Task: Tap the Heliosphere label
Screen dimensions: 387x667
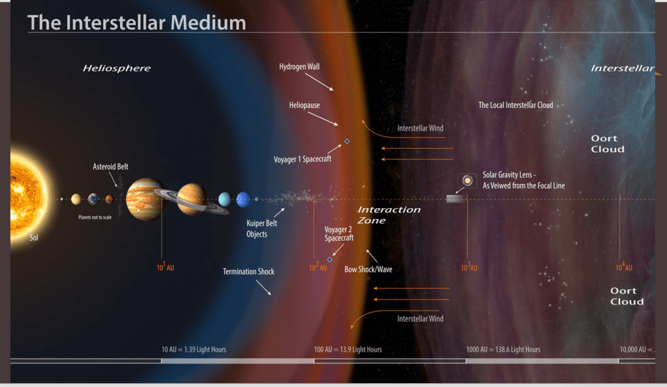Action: (x=116, y=68)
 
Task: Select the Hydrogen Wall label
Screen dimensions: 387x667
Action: (x=299, y=67)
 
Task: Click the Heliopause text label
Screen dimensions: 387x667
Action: (x=304, y=105)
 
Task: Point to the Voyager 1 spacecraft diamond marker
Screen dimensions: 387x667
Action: (x=347, y=141)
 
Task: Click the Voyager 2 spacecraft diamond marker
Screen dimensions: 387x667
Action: (x=330, y=259)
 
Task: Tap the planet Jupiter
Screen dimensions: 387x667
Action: (x=144, y=199)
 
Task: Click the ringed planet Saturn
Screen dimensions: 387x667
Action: (x=192, y=199)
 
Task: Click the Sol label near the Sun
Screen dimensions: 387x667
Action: (x=34, y=238)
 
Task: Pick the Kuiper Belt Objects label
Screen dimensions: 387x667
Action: (x=261, y=228)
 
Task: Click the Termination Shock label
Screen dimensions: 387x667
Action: (x=248, y=271)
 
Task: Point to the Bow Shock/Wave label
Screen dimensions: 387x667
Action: (x=368, y=269)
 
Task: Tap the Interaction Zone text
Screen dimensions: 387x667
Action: (x=389, y=215)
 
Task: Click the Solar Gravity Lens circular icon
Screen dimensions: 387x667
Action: (x=467, y=180)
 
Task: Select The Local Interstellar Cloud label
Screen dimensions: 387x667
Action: (x=515, y=105)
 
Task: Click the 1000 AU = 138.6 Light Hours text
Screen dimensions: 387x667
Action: (x=503, y=350)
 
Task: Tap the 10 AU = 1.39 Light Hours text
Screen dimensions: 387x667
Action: (x=194, y=350)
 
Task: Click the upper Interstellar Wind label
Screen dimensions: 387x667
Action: (x=421, y=128)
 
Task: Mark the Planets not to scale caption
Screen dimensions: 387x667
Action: (x=95, y=217)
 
